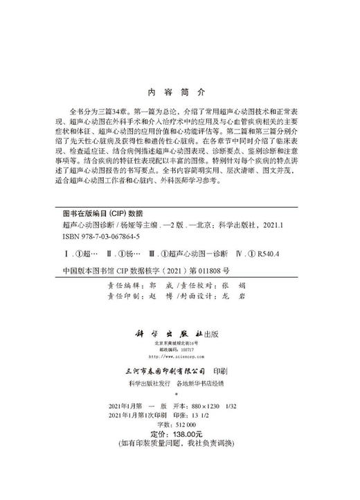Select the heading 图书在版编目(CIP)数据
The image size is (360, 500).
(102, 214)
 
